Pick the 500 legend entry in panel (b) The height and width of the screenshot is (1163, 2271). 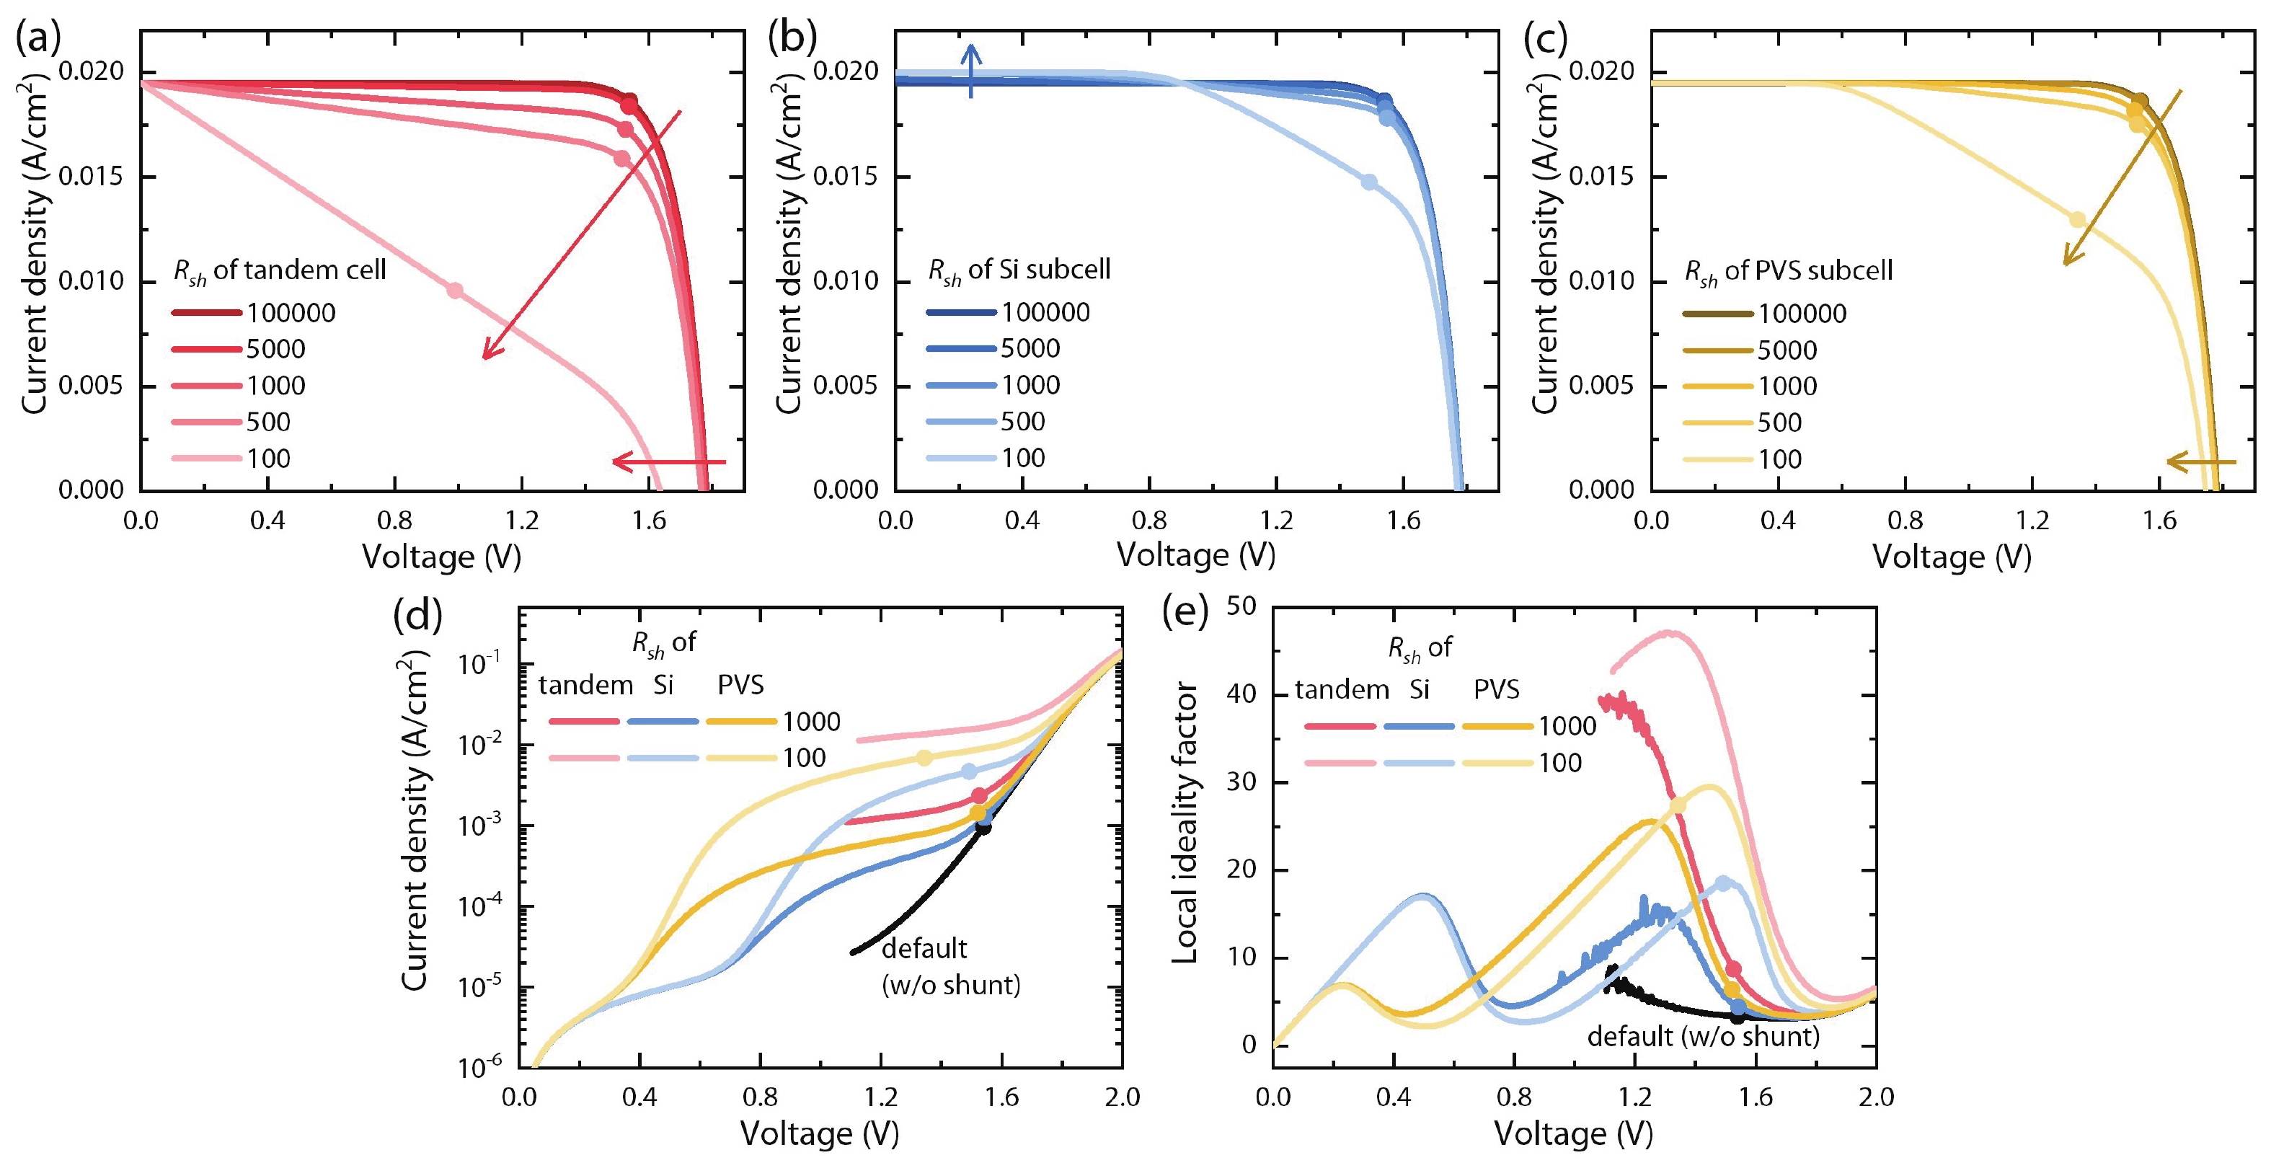tap(1022, 422)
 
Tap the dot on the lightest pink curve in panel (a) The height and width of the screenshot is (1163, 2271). tap(455, 290)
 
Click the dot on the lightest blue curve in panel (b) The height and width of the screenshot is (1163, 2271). tap(1369, 182)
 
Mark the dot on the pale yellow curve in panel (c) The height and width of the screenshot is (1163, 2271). tap(2078, 218)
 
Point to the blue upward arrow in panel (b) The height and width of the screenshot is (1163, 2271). tap(970, 71)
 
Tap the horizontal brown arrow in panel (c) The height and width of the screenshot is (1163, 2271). tap(2201, 461)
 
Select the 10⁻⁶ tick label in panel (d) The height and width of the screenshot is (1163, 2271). tap(479, 1065)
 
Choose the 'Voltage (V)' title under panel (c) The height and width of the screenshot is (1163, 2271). tap(1952, 557)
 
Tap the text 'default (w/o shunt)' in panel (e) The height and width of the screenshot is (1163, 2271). tap(1703, 1036)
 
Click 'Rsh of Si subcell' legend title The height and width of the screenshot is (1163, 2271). tap(1019, 270)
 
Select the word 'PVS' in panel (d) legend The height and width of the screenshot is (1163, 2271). tap(740, 685)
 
